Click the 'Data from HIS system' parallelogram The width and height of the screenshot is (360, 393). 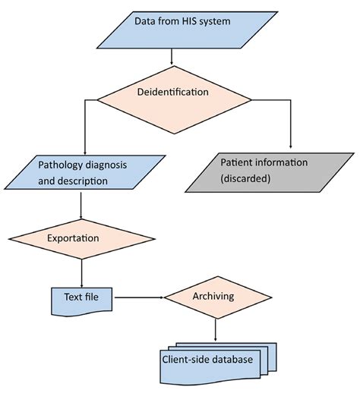(172, 30)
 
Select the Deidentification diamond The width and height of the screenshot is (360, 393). (172, 92)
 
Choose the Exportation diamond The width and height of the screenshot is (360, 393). (81, 237)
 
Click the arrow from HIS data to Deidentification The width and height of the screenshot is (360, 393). (172, 56)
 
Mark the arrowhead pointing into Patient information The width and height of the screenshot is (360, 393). (291, 145)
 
